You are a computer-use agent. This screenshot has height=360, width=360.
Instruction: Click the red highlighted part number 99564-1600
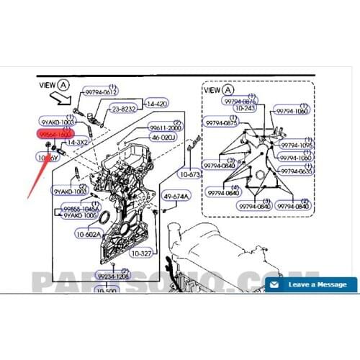(x=55, y=134)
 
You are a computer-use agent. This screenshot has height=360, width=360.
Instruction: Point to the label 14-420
(x=157, y=104)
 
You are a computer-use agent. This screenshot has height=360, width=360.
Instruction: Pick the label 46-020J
(x=164, y=137)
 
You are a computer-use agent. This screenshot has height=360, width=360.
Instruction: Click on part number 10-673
(x=192, y=174)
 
